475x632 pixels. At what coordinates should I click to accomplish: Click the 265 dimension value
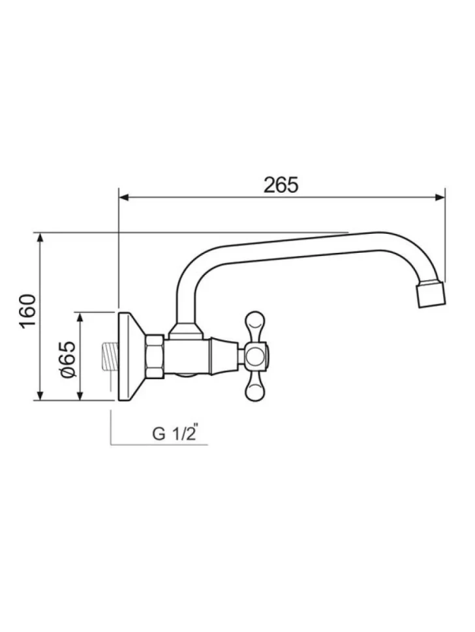point(281,185)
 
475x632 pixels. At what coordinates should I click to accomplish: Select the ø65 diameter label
point(68,359)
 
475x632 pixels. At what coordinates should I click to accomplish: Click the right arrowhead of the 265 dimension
point(439,197)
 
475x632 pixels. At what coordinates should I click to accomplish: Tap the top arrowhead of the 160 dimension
point(40,238)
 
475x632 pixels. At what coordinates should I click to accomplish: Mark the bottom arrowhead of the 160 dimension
point(40,395)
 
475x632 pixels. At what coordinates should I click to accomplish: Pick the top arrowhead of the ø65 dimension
point(80,317)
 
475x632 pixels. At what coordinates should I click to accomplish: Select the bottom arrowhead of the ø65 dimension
point(80,395)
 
